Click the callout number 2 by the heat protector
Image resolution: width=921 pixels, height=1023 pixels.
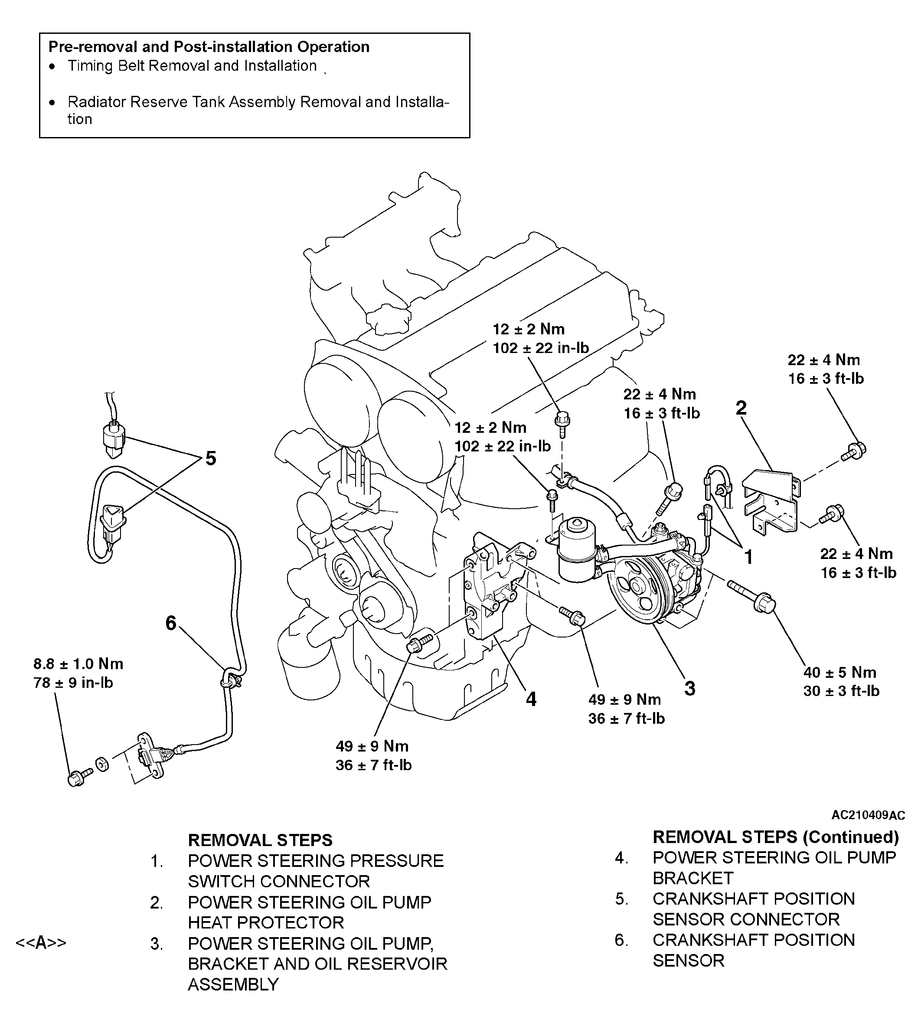point(741,408)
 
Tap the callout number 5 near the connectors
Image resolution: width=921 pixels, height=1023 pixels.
point(210,459)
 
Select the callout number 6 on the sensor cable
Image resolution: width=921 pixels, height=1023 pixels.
point(171,623)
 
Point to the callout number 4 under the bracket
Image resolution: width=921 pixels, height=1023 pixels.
point(531,699)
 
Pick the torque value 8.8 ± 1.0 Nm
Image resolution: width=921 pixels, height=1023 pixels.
point(78,663)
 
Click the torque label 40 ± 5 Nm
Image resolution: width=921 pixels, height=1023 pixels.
point(840,672)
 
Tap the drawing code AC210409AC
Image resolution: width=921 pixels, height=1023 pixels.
point(868,815)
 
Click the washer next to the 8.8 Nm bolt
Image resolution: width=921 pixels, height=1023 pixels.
point(102,765)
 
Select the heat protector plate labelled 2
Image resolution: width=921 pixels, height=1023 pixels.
point(769,501)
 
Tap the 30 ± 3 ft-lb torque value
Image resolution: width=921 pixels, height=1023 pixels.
point(841,691)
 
